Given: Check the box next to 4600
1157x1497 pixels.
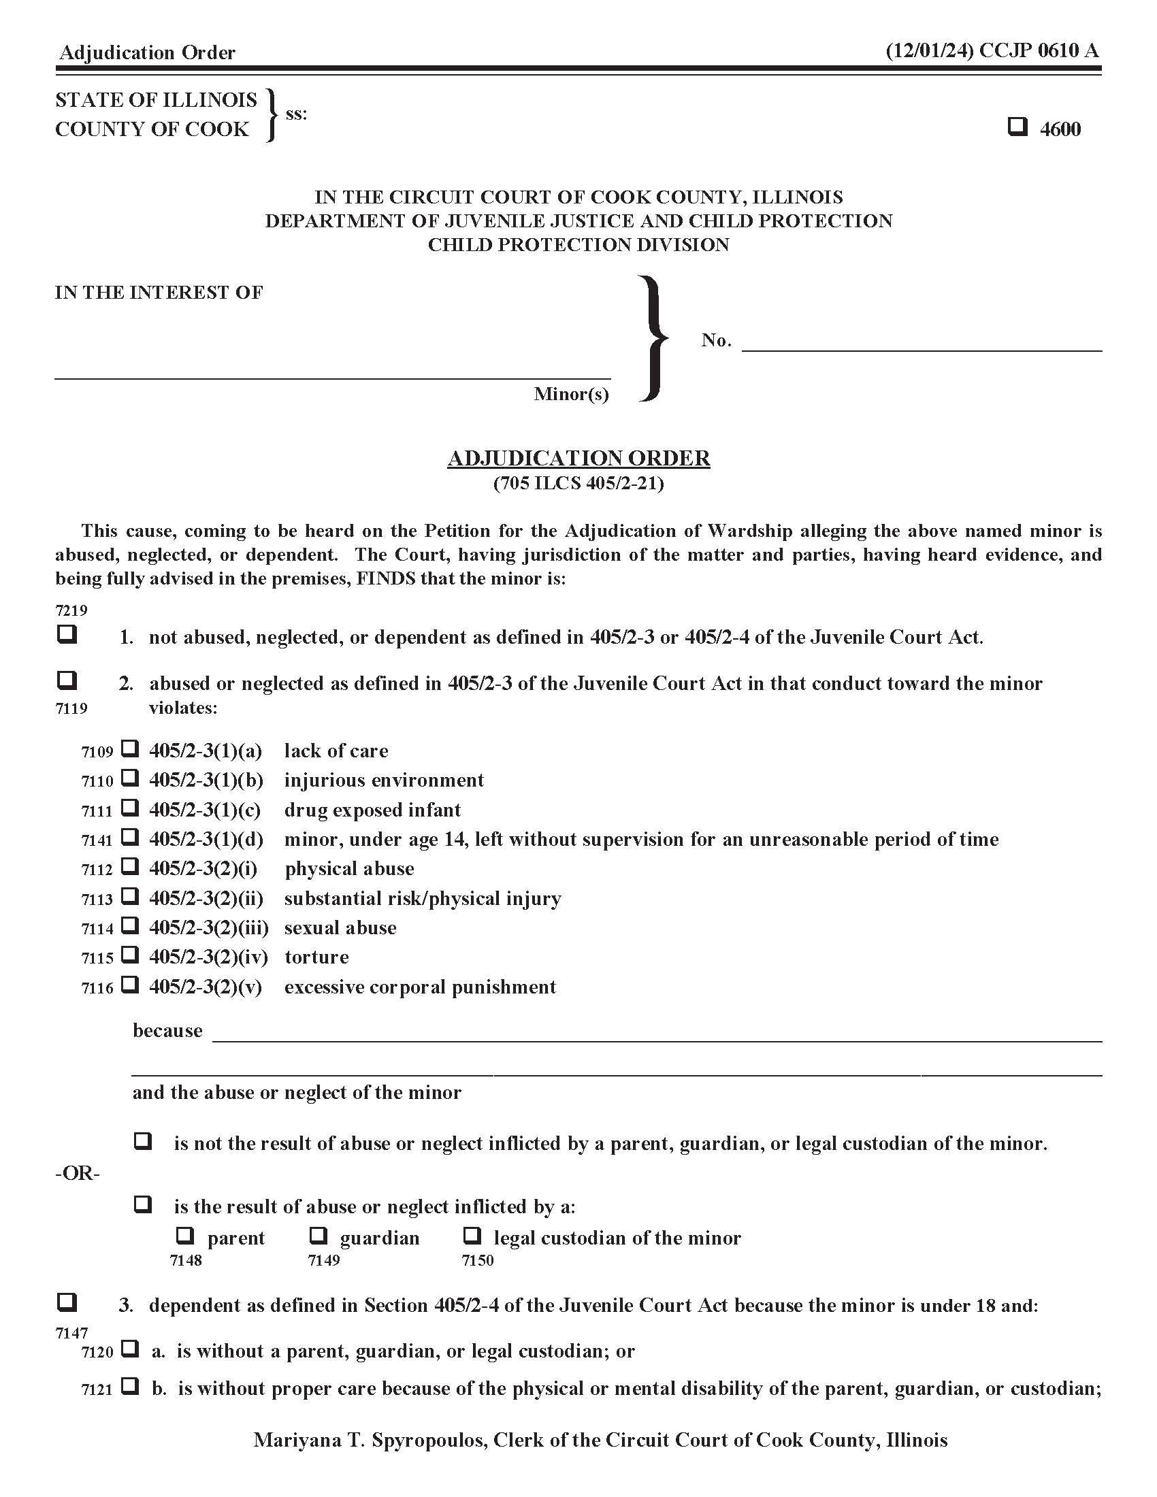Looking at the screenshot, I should (1017, 127).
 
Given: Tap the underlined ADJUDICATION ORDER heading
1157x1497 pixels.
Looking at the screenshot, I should (578, 458).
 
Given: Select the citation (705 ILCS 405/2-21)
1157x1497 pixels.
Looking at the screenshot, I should (578, 483).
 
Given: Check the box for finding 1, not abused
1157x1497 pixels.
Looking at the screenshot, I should (67, 634).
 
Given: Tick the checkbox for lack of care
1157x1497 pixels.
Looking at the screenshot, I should (130, 748).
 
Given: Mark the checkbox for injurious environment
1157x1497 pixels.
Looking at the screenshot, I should (130, 778).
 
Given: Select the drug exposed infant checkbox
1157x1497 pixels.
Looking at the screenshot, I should (130, 808).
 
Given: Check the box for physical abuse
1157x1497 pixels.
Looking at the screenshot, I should (130, 866).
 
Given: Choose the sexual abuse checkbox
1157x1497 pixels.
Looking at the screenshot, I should (130, 925).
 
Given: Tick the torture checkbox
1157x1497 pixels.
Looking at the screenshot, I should (130, 955).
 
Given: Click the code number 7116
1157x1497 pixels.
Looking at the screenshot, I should (97, 989).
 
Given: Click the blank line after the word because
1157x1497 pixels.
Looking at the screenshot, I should (657, 1032).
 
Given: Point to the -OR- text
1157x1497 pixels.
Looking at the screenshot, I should (78, 1174).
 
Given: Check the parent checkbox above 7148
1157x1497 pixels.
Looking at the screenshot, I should (185, 1236).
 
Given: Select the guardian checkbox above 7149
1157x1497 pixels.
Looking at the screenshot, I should (318, 1236).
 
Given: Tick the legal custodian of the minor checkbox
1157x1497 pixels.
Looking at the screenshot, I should (472, 1236).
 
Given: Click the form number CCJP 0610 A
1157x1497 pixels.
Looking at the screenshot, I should (1039, 51).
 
